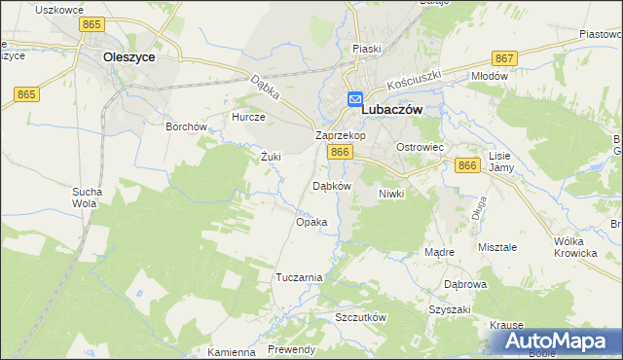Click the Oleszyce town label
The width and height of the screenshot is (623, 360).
click(129, 57)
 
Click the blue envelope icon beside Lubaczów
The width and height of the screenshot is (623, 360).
click(355, 99)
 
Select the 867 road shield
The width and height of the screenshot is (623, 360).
click(503, 58)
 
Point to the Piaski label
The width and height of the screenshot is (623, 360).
click(367, 48)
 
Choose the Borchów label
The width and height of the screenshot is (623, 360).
click(186, 126)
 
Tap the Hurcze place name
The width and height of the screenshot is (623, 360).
click(248, 117)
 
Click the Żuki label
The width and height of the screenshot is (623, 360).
click(271, 156)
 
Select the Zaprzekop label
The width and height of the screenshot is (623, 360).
click(340, 136)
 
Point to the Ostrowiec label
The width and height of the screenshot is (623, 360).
click(420, 147)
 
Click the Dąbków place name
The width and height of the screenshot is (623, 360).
click(330, 185)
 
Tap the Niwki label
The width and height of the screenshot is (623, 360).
click(390, 194)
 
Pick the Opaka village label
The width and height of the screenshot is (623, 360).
click(311, 222)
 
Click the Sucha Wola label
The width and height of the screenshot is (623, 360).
click(86, 198)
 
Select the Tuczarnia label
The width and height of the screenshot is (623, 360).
click(299, 277)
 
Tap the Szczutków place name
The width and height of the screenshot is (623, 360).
click(361, 318)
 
